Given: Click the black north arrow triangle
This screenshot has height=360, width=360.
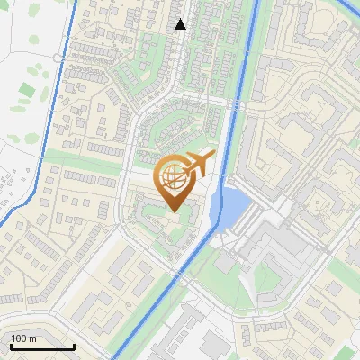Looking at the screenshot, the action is (x=181, y=24).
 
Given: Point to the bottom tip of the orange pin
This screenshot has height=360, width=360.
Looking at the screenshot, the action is (x=174, y=212).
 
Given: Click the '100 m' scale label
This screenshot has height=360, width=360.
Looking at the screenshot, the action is (x=23, y=338).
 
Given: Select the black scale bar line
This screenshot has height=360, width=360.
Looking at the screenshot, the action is (x=41, y=346).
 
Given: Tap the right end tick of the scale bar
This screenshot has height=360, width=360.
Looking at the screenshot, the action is (x=74, y=345).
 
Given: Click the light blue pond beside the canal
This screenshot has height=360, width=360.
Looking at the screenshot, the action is (x=231, y=208).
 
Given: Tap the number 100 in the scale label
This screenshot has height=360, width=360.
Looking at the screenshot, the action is (x=19, y=338).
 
